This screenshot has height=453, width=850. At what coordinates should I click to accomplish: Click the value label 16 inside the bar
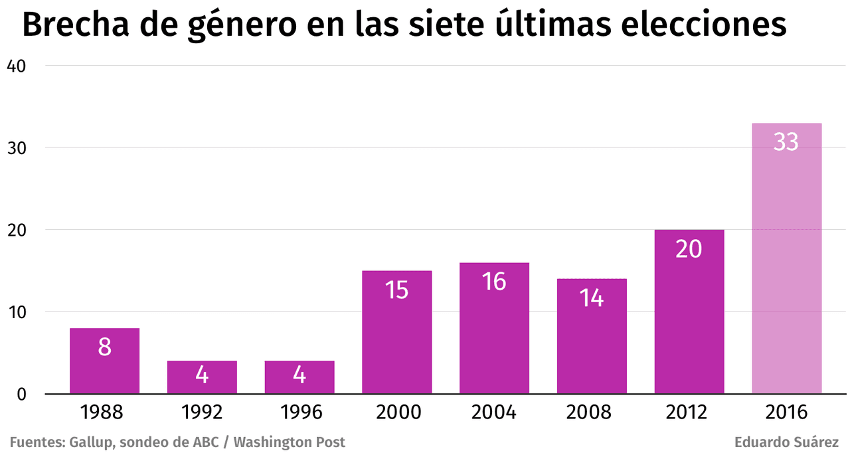point(494,282)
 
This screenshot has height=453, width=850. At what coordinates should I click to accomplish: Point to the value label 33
point(786,142)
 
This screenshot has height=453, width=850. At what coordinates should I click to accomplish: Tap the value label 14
point(591,298)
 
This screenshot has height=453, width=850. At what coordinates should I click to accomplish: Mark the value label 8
point(104,347)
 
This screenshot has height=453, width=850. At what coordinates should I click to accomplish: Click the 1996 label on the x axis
point(299,412)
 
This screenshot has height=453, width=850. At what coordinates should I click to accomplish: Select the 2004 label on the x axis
point(494,412)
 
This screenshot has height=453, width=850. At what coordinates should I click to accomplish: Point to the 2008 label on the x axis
point(591,412)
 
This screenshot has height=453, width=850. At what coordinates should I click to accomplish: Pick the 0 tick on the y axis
point(21,394)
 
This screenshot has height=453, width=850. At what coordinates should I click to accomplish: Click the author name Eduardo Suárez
point(786,442)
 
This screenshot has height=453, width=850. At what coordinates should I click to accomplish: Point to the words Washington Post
point(290,442)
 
